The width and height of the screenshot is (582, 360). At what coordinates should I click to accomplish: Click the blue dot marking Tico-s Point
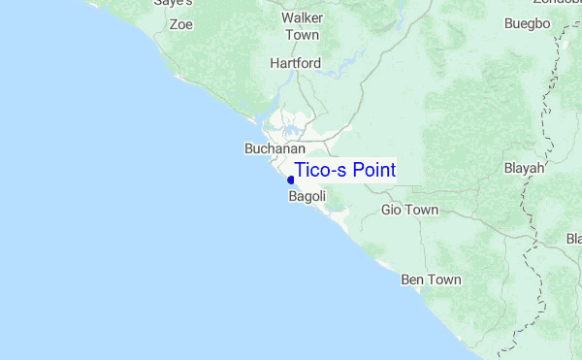(x=291, y=180)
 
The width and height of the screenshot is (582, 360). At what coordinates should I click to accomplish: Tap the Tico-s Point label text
(x=344, y=171)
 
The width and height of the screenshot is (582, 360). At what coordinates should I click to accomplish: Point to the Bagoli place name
(x=307, y=196)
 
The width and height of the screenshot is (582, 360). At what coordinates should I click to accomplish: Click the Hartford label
(x=296, y=63)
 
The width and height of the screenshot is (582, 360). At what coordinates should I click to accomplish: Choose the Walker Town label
(x=302, y=26)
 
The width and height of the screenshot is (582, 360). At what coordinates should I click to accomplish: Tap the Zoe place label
(x=181, y=24)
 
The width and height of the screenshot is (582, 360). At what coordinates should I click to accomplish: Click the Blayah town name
(x=525, y=168)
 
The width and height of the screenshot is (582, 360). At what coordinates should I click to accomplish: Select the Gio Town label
(x=410, y=210)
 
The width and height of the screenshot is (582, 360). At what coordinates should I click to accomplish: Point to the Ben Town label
(x=431, y=280)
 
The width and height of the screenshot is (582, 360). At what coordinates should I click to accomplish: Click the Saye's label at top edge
(x=173, y=4)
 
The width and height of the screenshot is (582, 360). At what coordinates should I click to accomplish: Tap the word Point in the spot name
(x=373, y=171)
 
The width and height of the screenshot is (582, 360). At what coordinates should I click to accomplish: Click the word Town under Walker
(x=302, y=35)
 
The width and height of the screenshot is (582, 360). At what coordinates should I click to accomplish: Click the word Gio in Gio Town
(x=392, y=210)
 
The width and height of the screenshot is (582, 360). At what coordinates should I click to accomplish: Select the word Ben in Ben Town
(x=413, y=280)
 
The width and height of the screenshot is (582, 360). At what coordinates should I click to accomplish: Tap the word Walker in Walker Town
(x=302, y=18)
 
